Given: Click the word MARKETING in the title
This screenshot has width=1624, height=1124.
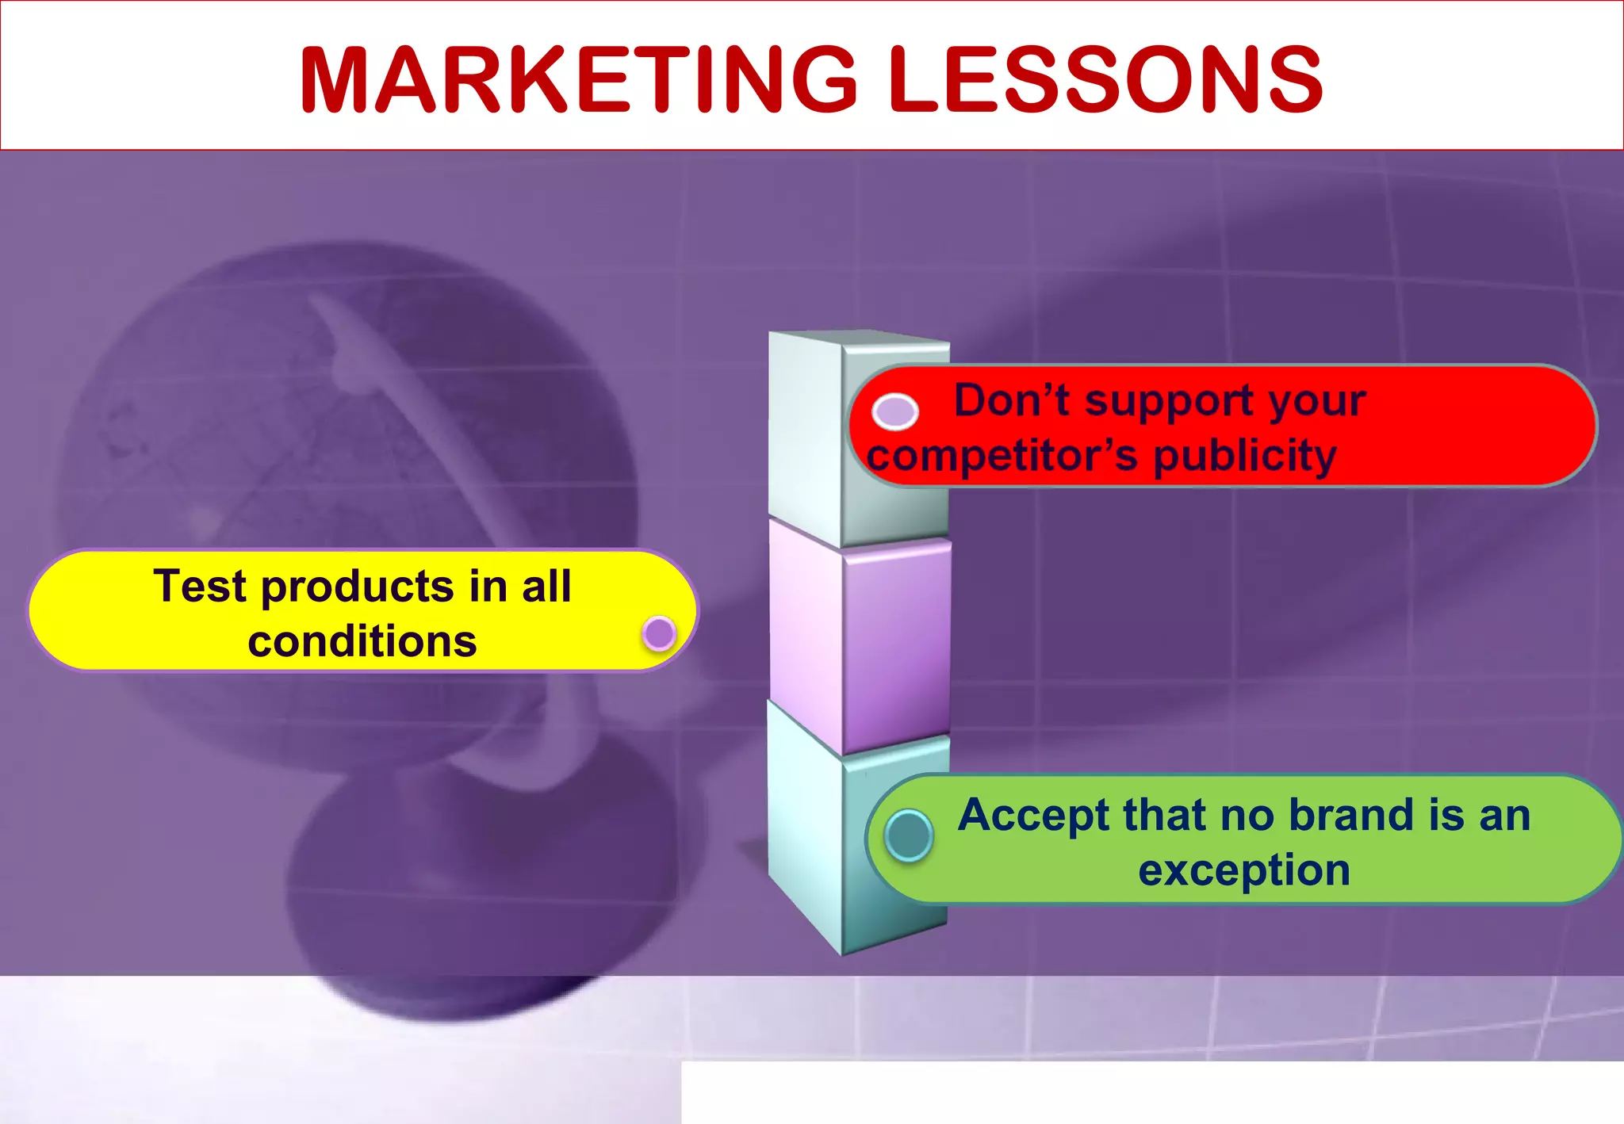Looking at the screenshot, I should pyautogui.click(x=577, y=79).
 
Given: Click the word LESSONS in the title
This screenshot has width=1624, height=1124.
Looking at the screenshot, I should pyautogui.click(x=1105, y=79).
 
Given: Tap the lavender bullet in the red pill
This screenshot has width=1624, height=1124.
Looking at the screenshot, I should pyautogui.click(x=894, y=411).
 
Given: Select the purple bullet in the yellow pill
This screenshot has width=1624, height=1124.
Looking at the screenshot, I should pyautogui.click(x=659, y=633).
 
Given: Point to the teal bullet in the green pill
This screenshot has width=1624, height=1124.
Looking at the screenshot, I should pyautogui.click(x=908, y=835).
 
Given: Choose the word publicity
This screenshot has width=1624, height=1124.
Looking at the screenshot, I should pyautogui.click(x=1245, y=456).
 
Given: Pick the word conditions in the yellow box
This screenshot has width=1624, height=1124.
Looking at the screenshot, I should pyautogui.click(x=362, y=641).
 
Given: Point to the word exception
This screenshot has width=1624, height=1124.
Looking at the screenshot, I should pyautogui.click(x=1243, y=870).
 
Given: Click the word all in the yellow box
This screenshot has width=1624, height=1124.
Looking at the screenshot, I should pyautogui.click(x=546, y=587).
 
